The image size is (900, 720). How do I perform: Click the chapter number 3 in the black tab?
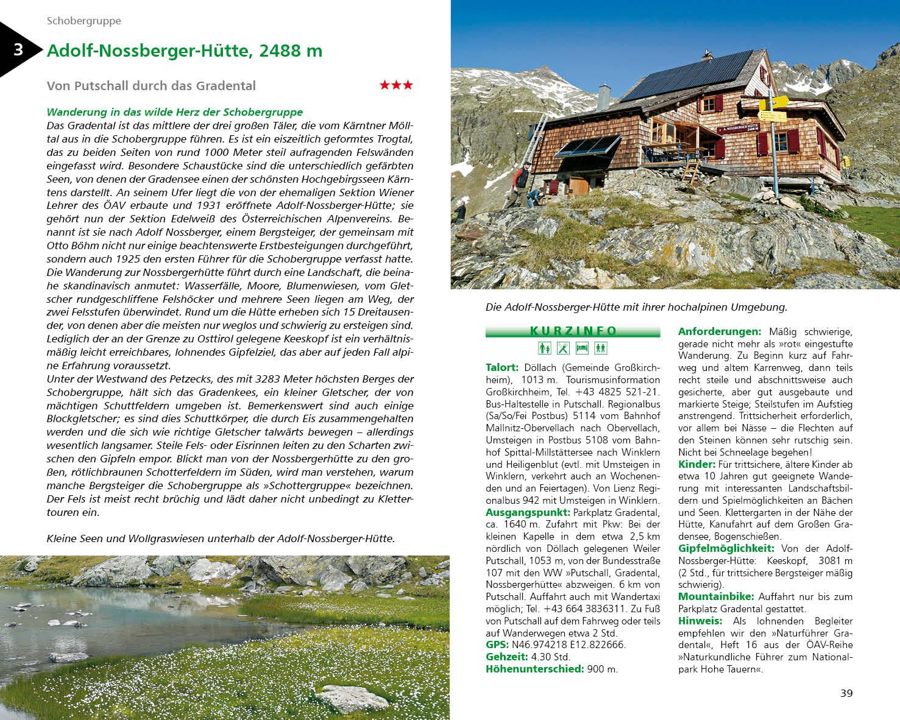[18, 49]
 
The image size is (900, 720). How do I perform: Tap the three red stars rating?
[396, 85]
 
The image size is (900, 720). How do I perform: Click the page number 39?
[846, 693]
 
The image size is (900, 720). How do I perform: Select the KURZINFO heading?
[573, 331]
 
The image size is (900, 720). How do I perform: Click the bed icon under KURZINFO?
[582, 348]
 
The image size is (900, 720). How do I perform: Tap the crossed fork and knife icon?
[564, 348]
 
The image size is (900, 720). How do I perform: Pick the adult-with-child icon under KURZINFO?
[545, 348]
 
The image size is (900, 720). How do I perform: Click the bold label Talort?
[501, 367]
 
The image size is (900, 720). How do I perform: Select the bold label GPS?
[497, 644]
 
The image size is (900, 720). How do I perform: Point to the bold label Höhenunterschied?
[534, 669]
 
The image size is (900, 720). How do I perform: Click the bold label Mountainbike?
[716, 596]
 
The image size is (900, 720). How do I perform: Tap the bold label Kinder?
[696, 464]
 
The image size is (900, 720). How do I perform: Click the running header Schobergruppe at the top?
[84, 21]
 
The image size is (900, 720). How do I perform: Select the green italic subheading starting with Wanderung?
[174, 112]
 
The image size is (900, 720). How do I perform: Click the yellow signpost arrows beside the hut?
[772, 108]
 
